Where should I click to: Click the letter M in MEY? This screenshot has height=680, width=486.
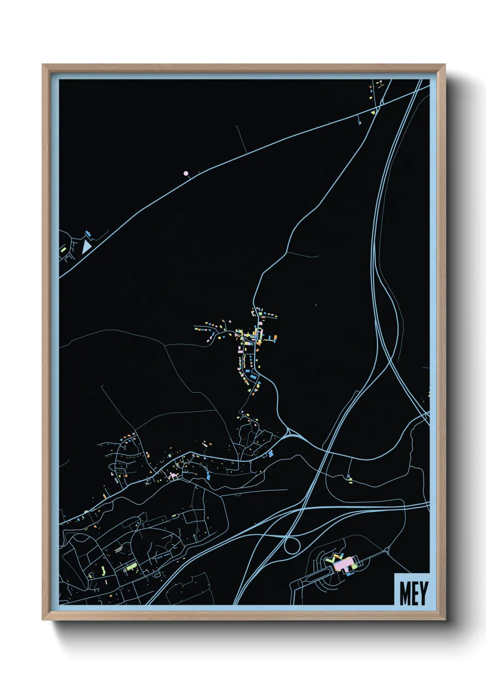click(405, 593)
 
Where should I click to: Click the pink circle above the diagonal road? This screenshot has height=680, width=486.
click(186, 174)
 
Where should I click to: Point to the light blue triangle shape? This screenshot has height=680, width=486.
click(86, 247)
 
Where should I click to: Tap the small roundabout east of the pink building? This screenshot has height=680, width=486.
click(386, 549)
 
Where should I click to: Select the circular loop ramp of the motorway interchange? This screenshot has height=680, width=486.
click(292, 546)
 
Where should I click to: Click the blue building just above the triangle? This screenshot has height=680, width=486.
click(88, 234)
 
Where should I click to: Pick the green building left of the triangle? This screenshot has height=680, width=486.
click(63, 250)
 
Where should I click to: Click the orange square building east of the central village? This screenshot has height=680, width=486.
click(275, 338)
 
